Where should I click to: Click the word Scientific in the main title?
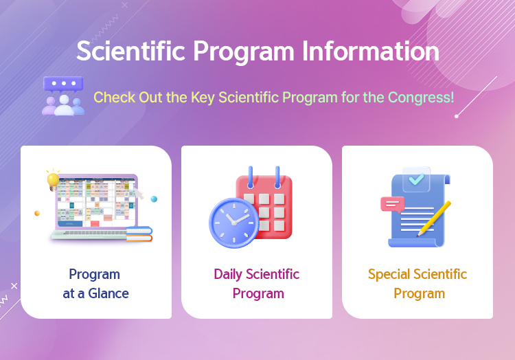pos(131,51)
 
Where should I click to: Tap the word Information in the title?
pos(371,51)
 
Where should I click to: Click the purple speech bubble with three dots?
pos(63,84)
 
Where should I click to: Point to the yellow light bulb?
pos(53,180)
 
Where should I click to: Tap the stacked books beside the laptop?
pos(139,234)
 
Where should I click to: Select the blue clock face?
pos(234,223)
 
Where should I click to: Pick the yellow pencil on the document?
pos(434,218)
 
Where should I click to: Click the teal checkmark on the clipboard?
pos(417,179)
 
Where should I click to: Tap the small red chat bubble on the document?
pos(393,205)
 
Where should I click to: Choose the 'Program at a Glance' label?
pos(95,284)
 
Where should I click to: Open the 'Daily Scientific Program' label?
pos(257,284)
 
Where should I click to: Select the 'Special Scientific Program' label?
pos(417,284)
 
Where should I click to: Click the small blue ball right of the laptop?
pos(154,199)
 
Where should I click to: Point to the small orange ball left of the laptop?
pos(37,213)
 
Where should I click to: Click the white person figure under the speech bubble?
pos(64,105)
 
